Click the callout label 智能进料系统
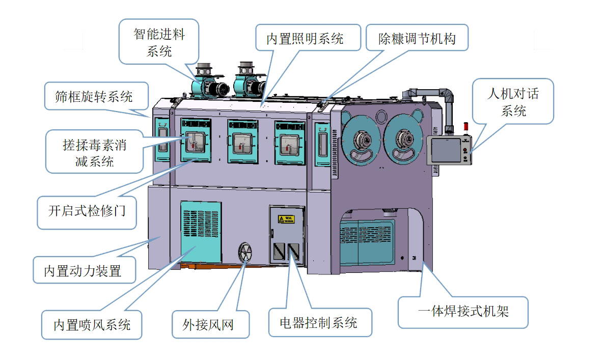(x=159, y=42)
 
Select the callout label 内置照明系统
(x=305, y=39)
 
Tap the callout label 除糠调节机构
(x=417, y=39)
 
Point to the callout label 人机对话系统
(x=512, y=101)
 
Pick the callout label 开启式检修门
(x=87, y=211)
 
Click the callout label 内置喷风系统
(x=92, y=324)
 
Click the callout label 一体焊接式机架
(x=463, y=311)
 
